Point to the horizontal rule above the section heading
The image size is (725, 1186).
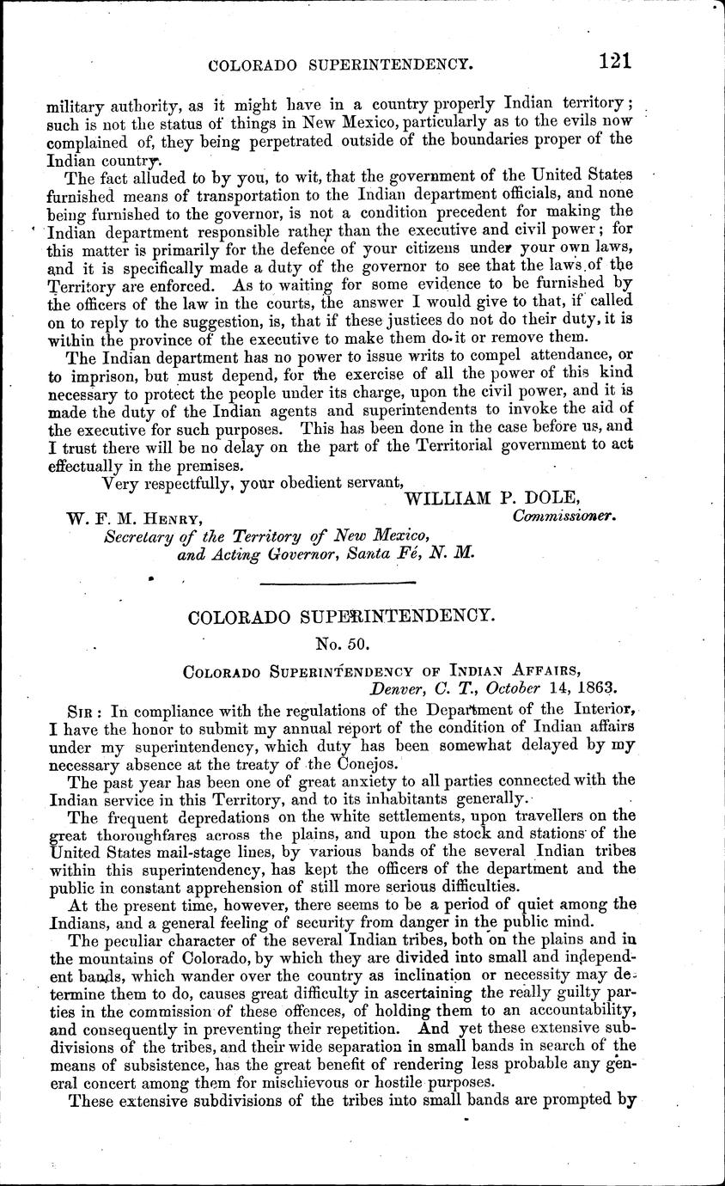(338, 584)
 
